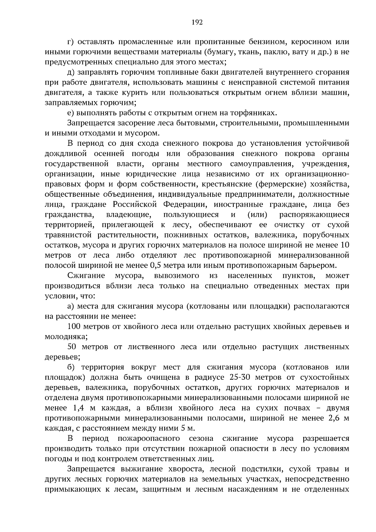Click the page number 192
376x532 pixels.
197,22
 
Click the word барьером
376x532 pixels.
316,266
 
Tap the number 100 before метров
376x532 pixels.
74,326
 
